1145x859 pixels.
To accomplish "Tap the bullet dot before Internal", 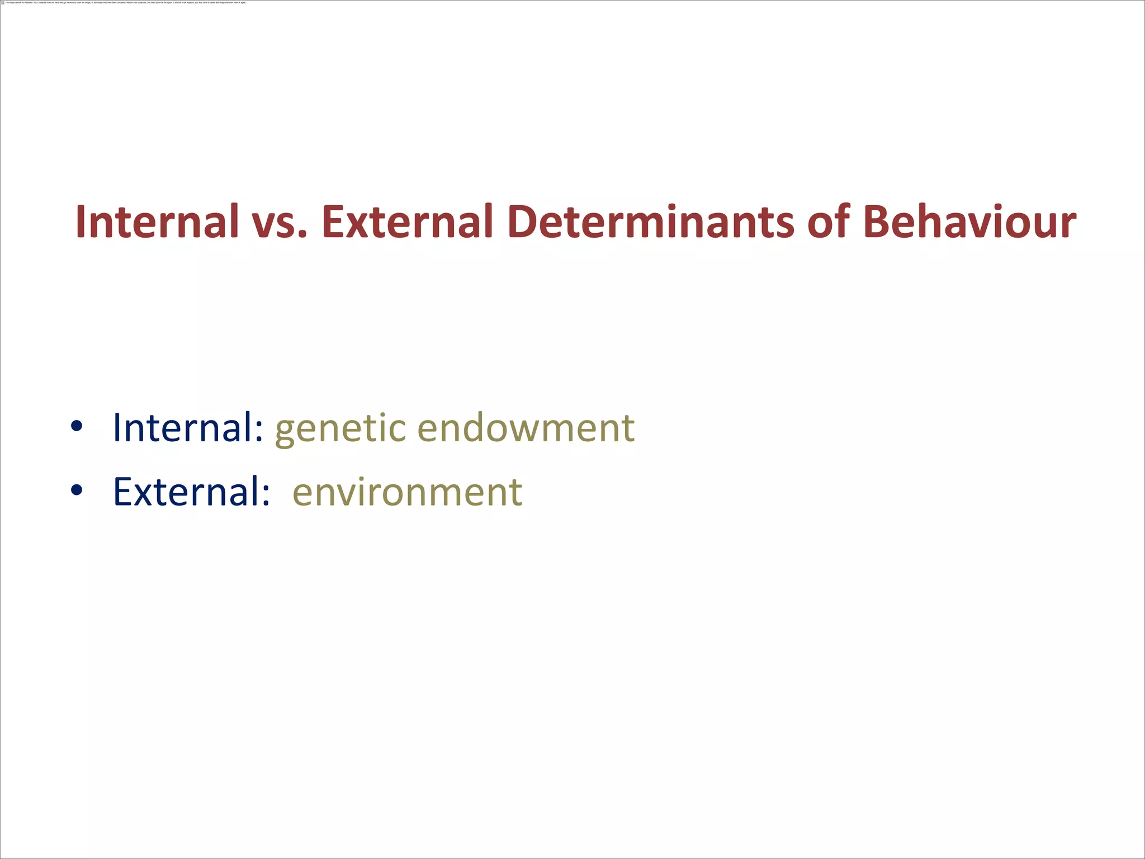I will tap(77, 427).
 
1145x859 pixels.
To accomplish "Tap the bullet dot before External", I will tap(77, 490).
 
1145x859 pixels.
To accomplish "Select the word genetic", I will tap(340, 429).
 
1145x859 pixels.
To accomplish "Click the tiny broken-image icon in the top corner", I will tap(3, 2).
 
